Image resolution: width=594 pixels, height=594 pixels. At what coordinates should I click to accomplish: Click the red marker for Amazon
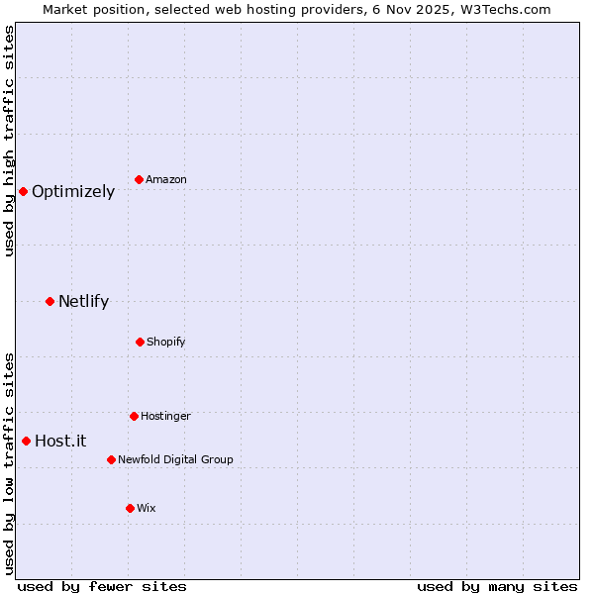pyautogui.click(x=140, y=179)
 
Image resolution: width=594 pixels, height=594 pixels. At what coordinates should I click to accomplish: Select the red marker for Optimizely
pyautogui.click(x=23, y=191)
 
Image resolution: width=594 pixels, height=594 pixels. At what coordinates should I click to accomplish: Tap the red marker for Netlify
pyautogui.click(x=49, y=301)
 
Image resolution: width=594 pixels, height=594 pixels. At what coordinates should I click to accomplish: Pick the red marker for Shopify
pyautogui.click(x=140, y=342)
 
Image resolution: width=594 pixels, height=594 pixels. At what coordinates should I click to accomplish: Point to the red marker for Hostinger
pyautogui.click(x=134, y=416)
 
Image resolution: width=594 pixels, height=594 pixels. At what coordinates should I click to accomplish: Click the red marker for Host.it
pyautogui.click(x=26, y=441)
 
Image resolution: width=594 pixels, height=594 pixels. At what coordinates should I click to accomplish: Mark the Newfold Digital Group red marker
pyautogui.click(x=111, y=459)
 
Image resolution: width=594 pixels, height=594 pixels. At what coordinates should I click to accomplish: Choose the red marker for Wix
pyautogui.click(x=130, y=508)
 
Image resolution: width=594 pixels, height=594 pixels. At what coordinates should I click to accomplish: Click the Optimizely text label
pyautogui.click(x=73, y=192)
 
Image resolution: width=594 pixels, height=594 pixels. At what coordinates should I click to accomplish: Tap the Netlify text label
pyautogui.click(x=83, y=302)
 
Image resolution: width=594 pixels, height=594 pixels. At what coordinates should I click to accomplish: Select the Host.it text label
pyautogui.click(x=60, y=442)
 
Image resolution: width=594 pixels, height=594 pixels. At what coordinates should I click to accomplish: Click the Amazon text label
pyautogui.click(x=166, y=180)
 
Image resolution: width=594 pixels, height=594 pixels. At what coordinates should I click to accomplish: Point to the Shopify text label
pyautogui.click(x=166, y=343)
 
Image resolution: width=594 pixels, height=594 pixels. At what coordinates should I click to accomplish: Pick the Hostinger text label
pyautogui.click(x=165, y=417)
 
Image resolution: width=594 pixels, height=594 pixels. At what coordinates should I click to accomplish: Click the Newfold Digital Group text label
pyautogui.click(x=175, y=460)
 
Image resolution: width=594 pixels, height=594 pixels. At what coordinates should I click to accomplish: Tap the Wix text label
pyautogui.click(x=147, y=509)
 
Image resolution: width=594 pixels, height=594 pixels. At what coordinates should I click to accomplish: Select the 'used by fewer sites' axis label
pyautogui.click(x=102, y=586)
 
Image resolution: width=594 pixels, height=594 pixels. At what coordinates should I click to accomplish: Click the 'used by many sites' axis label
pyautogui.click(x=497, y=586)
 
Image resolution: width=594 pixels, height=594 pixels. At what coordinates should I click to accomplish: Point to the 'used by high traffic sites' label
pyautogui.click(x=9, y=142)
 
